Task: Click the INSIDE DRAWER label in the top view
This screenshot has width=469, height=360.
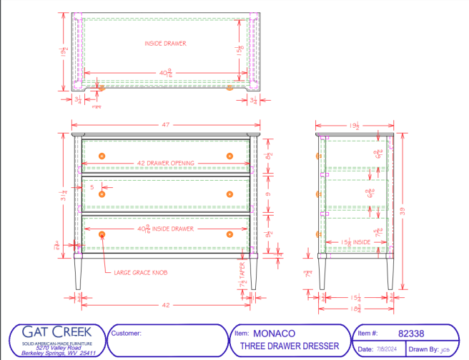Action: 166,44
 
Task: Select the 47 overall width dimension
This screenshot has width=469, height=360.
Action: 166,125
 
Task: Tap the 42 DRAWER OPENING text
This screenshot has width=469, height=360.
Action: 166,163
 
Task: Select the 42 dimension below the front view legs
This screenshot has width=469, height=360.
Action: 166,305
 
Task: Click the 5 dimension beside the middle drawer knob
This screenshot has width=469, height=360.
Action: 92,186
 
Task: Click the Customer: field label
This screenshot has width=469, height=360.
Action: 127,333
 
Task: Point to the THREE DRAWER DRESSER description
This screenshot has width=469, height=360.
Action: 285,346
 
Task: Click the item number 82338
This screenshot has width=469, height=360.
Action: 410,333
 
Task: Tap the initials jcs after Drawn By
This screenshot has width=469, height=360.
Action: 445,349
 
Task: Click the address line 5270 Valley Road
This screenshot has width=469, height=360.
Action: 56,346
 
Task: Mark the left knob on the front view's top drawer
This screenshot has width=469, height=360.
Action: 102,156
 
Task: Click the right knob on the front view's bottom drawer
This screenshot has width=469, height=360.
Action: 230,234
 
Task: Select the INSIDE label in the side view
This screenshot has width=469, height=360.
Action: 362,242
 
